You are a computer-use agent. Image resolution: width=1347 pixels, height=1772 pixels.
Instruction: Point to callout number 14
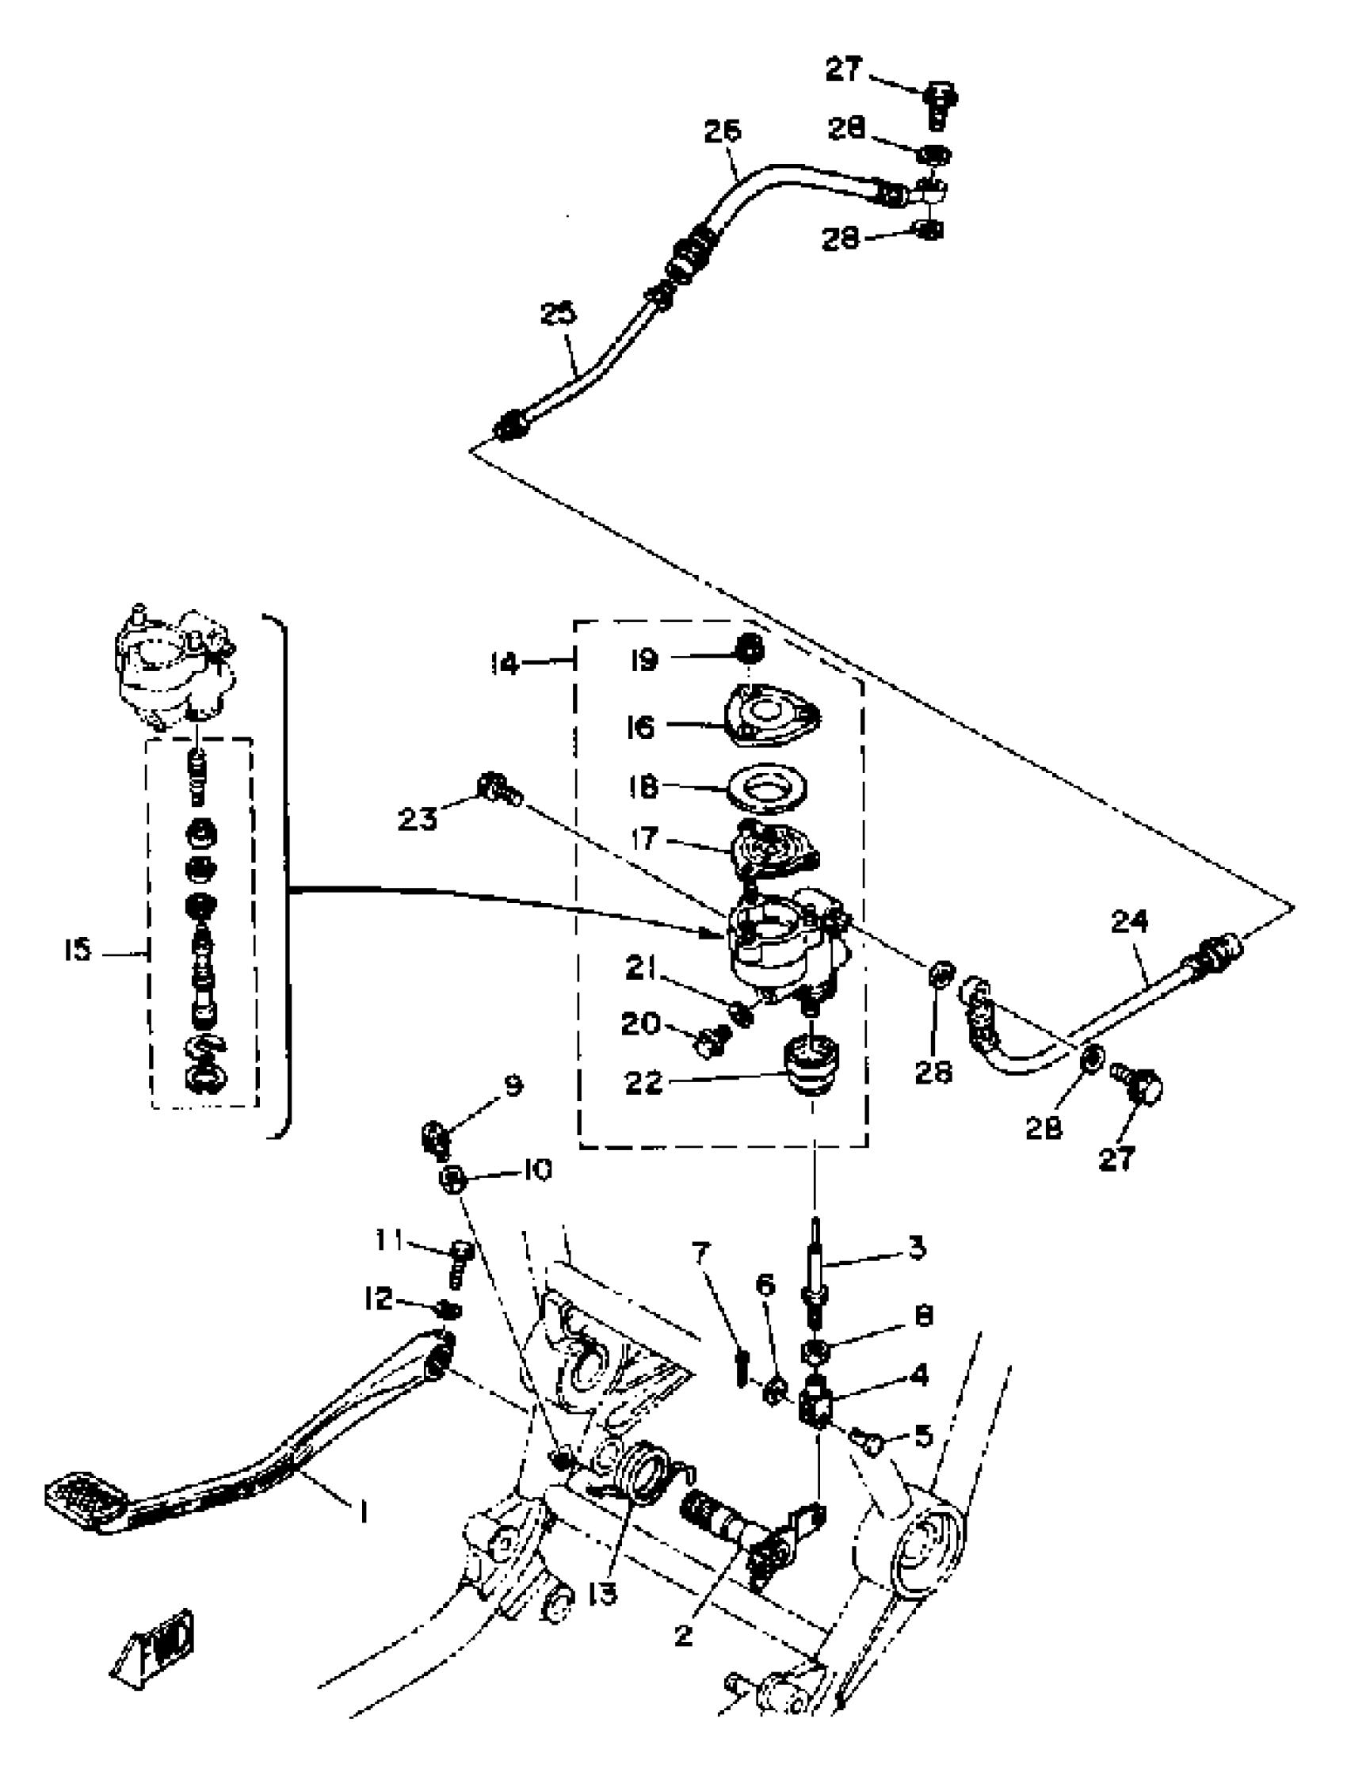pos(506,664)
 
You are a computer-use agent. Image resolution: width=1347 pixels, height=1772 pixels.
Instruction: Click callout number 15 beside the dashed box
pos(78,951)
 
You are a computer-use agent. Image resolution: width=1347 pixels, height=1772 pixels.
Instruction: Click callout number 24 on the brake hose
pos(1129,922)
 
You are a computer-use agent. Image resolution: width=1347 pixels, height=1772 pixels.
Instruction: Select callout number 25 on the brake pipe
pos(559,314)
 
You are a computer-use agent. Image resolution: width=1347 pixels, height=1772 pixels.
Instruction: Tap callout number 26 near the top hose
pos(723,131)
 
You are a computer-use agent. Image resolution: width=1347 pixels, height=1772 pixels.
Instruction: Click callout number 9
pos(513,1086)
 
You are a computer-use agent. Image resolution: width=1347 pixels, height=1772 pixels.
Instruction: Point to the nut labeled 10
pos(454,1177)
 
